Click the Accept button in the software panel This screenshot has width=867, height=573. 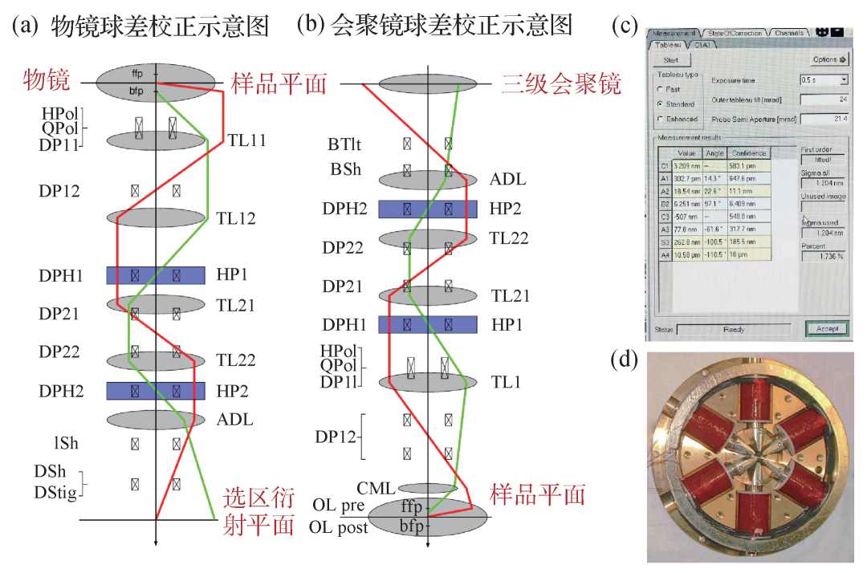coord(827,328)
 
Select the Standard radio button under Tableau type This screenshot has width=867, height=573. coord(660,104)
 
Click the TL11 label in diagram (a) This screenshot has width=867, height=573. coord(246,140)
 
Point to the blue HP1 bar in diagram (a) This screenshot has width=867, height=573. coord(156,275)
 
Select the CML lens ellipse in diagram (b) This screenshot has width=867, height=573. coord(428,488)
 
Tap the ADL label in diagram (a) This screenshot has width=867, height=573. coord(234,419)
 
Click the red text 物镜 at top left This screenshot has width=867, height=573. coord(47,80)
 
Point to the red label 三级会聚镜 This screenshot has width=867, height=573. coord(561,83)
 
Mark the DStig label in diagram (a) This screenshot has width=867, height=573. coord(55,492)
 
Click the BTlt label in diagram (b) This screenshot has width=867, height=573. coord(344,144)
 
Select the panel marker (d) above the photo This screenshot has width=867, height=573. coord(625,360)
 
